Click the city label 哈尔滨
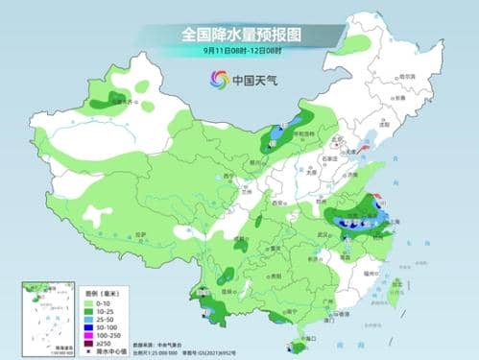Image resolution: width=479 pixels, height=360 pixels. [x=407, y=76]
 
